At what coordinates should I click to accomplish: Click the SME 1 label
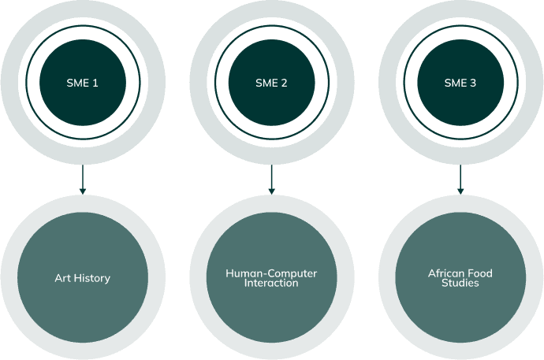click(82, 82)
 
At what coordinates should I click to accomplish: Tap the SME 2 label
click(271, 82)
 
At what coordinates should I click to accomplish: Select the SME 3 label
click(460, 82)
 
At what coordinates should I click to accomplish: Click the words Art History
click(82, 278)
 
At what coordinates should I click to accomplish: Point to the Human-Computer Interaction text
click(271, 278)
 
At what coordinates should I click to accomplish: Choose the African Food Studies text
click(460, 278)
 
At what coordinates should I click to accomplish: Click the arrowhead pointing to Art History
click(82, 190)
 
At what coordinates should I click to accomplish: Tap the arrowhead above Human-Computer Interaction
click(271, 190)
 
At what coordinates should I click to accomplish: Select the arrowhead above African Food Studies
click(460, 190)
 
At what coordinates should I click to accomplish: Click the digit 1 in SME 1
click(95, 82)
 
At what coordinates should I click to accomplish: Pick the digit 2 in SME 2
click(284, 82)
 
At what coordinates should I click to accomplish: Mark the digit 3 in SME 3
click(473, 82)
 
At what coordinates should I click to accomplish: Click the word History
click(91, 278)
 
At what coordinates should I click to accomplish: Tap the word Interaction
click(271, 284)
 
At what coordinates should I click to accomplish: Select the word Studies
click(460, 284)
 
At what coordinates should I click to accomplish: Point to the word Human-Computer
click(271, 273)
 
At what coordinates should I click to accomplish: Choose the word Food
click(482, 273)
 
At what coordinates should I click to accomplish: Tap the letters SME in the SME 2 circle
click(266, 82)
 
